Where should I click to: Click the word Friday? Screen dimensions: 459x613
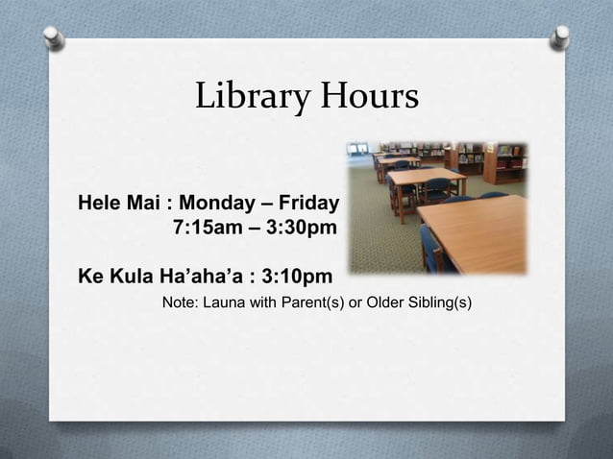(308, 204)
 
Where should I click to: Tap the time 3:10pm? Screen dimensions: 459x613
(298, 278)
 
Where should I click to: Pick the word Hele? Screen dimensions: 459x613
(98, 204)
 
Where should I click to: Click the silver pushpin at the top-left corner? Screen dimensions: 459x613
(54, 37)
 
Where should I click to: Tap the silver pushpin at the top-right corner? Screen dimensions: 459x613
(559, 37)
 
